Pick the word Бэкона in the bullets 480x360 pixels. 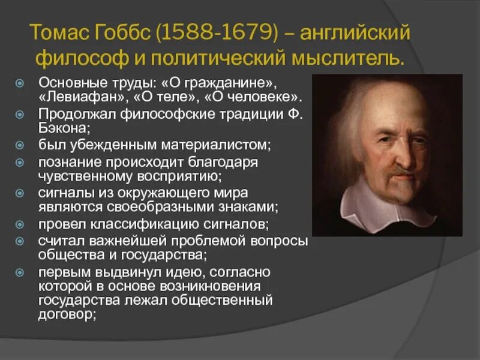click(62, 128)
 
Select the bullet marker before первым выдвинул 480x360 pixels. click(19, 273)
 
